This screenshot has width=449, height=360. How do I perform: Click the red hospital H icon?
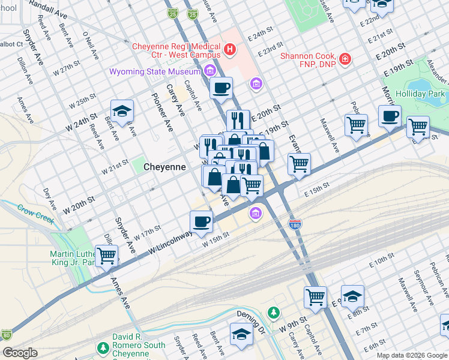point(229,47)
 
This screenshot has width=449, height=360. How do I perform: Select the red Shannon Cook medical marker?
point(345,59)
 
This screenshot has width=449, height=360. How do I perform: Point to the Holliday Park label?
point(420,94)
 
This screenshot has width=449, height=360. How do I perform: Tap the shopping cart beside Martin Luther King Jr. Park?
point(106,255)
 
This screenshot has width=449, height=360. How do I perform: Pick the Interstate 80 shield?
point(7,334)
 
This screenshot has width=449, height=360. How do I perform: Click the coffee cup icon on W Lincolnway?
point(202,221)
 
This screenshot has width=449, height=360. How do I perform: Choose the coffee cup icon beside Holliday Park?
point(390,115)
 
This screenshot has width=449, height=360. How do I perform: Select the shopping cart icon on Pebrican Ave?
point(356,125)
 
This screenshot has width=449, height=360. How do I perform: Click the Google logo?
point(20,353)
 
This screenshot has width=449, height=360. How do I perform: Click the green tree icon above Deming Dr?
point(274,313)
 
